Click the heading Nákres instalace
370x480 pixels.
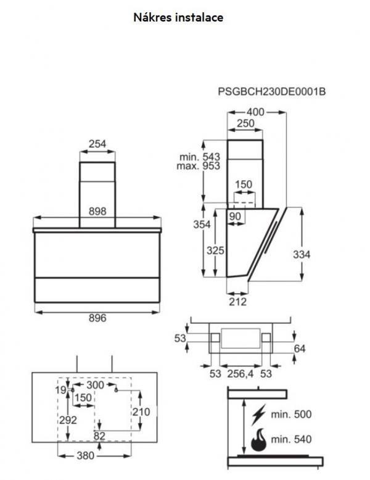pyautogui.click(x=179, y=18)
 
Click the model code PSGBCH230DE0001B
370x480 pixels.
pyautogui.click(x=271, y=92)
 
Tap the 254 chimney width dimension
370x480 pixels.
pyautogui.click(x=97, y=144)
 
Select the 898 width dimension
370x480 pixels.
pyautogui.click(x=97, y=211)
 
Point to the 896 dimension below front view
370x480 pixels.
pyautogui.click(x=97, y=318)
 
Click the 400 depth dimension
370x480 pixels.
pyautogui.click(x=255, y=112)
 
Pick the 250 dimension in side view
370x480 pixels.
pyautogui.click(x=246, y=123)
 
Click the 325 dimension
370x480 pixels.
pyautogui.click(x=214, y=251)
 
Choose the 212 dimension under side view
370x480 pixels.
pyautogui.click(x=237, y=302)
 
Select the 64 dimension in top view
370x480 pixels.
pyautogui.click(x=300, y=349)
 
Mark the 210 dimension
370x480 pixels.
pyautogui.click(x=141, y=412)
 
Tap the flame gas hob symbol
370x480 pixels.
pyautogui.click(x=257, y=441)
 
